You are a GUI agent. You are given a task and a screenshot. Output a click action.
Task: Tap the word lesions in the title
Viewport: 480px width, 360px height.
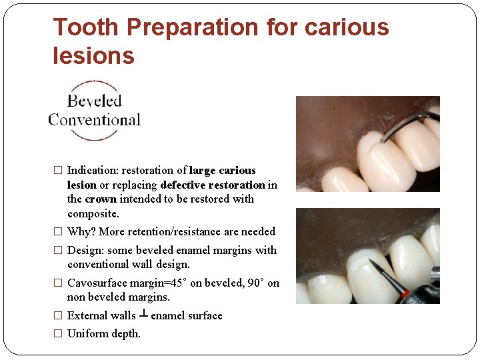coord(93,56)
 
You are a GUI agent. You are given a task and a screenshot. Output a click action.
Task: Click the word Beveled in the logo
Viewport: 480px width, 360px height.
coord(94,101)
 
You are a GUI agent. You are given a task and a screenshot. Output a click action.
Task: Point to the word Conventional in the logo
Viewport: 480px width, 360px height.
coord(94,120)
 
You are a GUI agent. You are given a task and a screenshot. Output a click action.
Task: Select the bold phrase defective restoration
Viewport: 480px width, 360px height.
coord(213,185)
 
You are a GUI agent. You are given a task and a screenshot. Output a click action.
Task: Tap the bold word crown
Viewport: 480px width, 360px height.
coord(101,199)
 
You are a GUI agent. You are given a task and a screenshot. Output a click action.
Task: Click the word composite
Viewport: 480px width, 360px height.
coord(93,213)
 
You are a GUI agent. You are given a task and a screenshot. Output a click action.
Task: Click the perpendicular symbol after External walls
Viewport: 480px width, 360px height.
coord(143,315)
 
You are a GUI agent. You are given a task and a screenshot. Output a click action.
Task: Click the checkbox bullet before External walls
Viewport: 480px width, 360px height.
coord(58,315)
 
